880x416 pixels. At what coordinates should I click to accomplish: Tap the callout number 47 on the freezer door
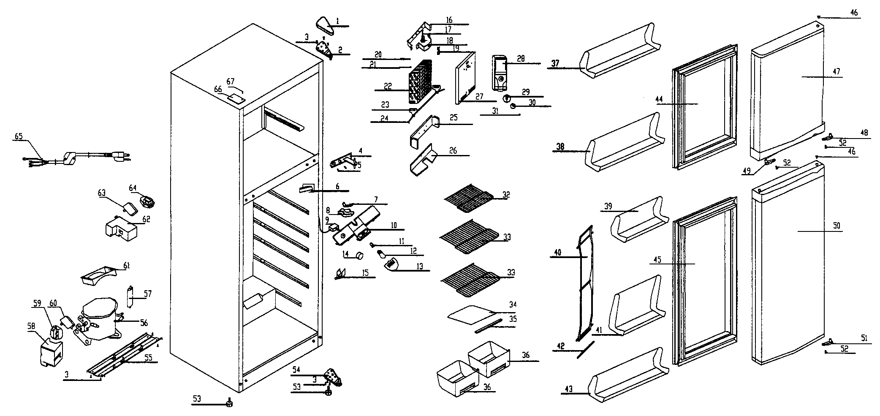pyautogui.click(x=837, y=71)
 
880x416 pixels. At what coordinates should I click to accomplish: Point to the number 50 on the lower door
pyautogui.click(x=837, y=226)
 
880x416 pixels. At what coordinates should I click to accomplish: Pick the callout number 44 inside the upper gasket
pyautogui.click(x=659, y=100)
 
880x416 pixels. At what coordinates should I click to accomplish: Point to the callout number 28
pyautogui.click(x=521, y=59)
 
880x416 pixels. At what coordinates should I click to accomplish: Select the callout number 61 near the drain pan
pyautogui.click(x=127, y=266)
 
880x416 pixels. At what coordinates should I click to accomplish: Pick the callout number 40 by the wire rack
pyautogui.click(x=558, y=253)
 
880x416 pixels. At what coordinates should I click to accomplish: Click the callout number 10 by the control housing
pyautogui.click(x=394, y=226)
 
